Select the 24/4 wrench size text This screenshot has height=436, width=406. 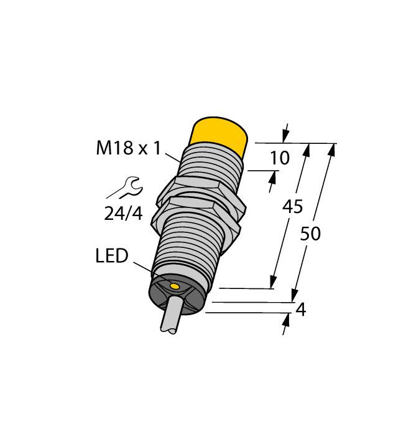[122, 214]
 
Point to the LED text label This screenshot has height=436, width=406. [112, 256]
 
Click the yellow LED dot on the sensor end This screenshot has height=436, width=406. [176, 287]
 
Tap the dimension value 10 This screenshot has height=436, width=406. [280, 158]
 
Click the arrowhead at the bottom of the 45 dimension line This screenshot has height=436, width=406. [273, 283]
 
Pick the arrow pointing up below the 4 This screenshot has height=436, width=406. [287, 320]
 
